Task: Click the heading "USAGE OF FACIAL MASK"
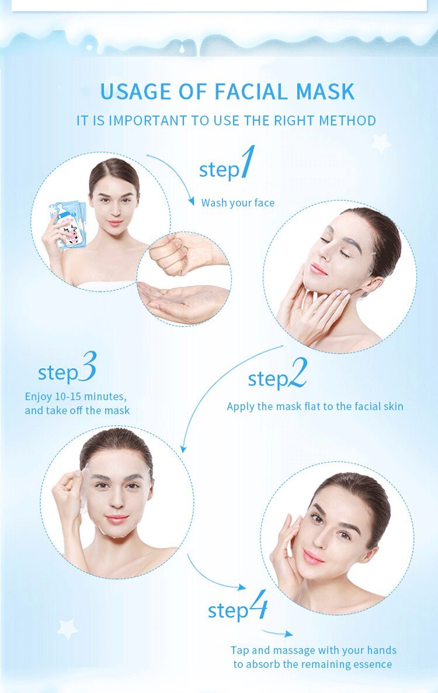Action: pos(227,92)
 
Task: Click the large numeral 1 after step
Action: pos(248,163)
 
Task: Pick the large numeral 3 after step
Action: pos(87,367)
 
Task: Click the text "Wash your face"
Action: pos(238,203)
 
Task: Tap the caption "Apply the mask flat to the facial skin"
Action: pos(315,406)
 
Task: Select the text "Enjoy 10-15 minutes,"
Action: pos(75,396)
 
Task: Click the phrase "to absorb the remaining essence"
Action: pos(312,664)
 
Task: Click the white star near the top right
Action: pos(381,142)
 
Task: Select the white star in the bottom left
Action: pos(67,628)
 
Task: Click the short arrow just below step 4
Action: pos(277,632)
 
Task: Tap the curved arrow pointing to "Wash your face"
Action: pos(175,172)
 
